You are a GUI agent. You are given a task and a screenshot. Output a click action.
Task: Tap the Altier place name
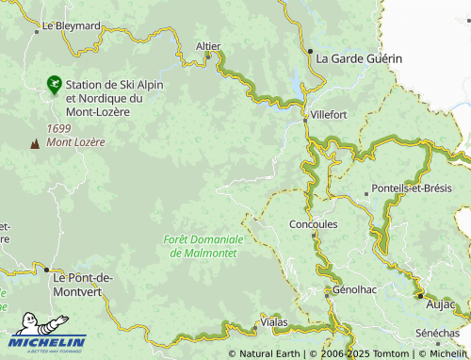tap(207, 45)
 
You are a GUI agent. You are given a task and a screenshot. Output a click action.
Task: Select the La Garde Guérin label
tap(359, 58)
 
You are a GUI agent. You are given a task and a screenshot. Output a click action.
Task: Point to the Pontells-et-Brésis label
tap(412, 188)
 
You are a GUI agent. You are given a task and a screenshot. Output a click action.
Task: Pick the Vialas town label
tap(273, 323)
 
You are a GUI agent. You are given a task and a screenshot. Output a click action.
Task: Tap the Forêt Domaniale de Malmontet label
tap(203, 247)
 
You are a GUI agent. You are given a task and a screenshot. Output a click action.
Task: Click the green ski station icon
tap(55, 85)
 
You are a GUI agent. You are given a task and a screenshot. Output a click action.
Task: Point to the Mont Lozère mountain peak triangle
tap(36, 143)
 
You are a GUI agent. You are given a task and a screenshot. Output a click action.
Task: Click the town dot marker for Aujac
tap(420, 295)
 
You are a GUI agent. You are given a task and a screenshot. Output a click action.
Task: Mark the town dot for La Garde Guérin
tap(309, 51)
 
